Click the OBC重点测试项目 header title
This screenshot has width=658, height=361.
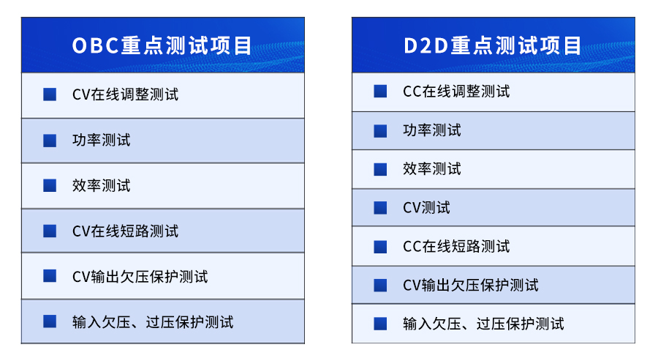[x=162, y=45]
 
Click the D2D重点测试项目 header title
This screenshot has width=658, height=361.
[x=493, y=45]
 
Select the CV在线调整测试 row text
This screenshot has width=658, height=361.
[x=125, y=94]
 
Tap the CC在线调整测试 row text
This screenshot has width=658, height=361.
[x=456, y=92]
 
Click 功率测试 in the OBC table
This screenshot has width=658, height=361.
[x=101, y=140]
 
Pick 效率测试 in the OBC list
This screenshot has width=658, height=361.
[x=101, y=185]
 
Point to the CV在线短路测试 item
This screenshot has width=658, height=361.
[x=125, y=231]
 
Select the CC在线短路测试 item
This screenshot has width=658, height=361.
[x=456, y=246]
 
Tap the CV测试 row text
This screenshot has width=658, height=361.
[x=426, y=208]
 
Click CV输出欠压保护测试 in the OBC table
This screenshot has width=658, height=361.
[x=140, y=277]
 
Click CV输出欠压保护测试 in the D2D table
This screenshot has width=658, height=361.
[x=470, y=285]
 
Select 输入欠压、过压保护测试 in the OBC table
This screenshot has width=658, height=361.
[x=153, y=322]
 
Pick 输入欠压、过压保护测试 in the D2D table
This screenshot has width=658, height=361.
[x=483, y=324]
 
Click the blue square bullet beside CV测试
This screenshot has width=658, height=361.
[x=380, y=208]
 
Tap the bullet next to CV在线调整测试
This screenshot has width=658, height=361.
[x=50, y=94]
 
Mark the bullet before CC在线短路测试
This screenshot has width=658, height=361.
[x=380, y=246]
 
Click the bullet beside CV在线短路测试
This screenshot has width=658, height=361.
[x=50, y=231]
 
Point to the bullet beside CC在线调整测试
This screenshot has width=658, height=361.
[x=380, y=92]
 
